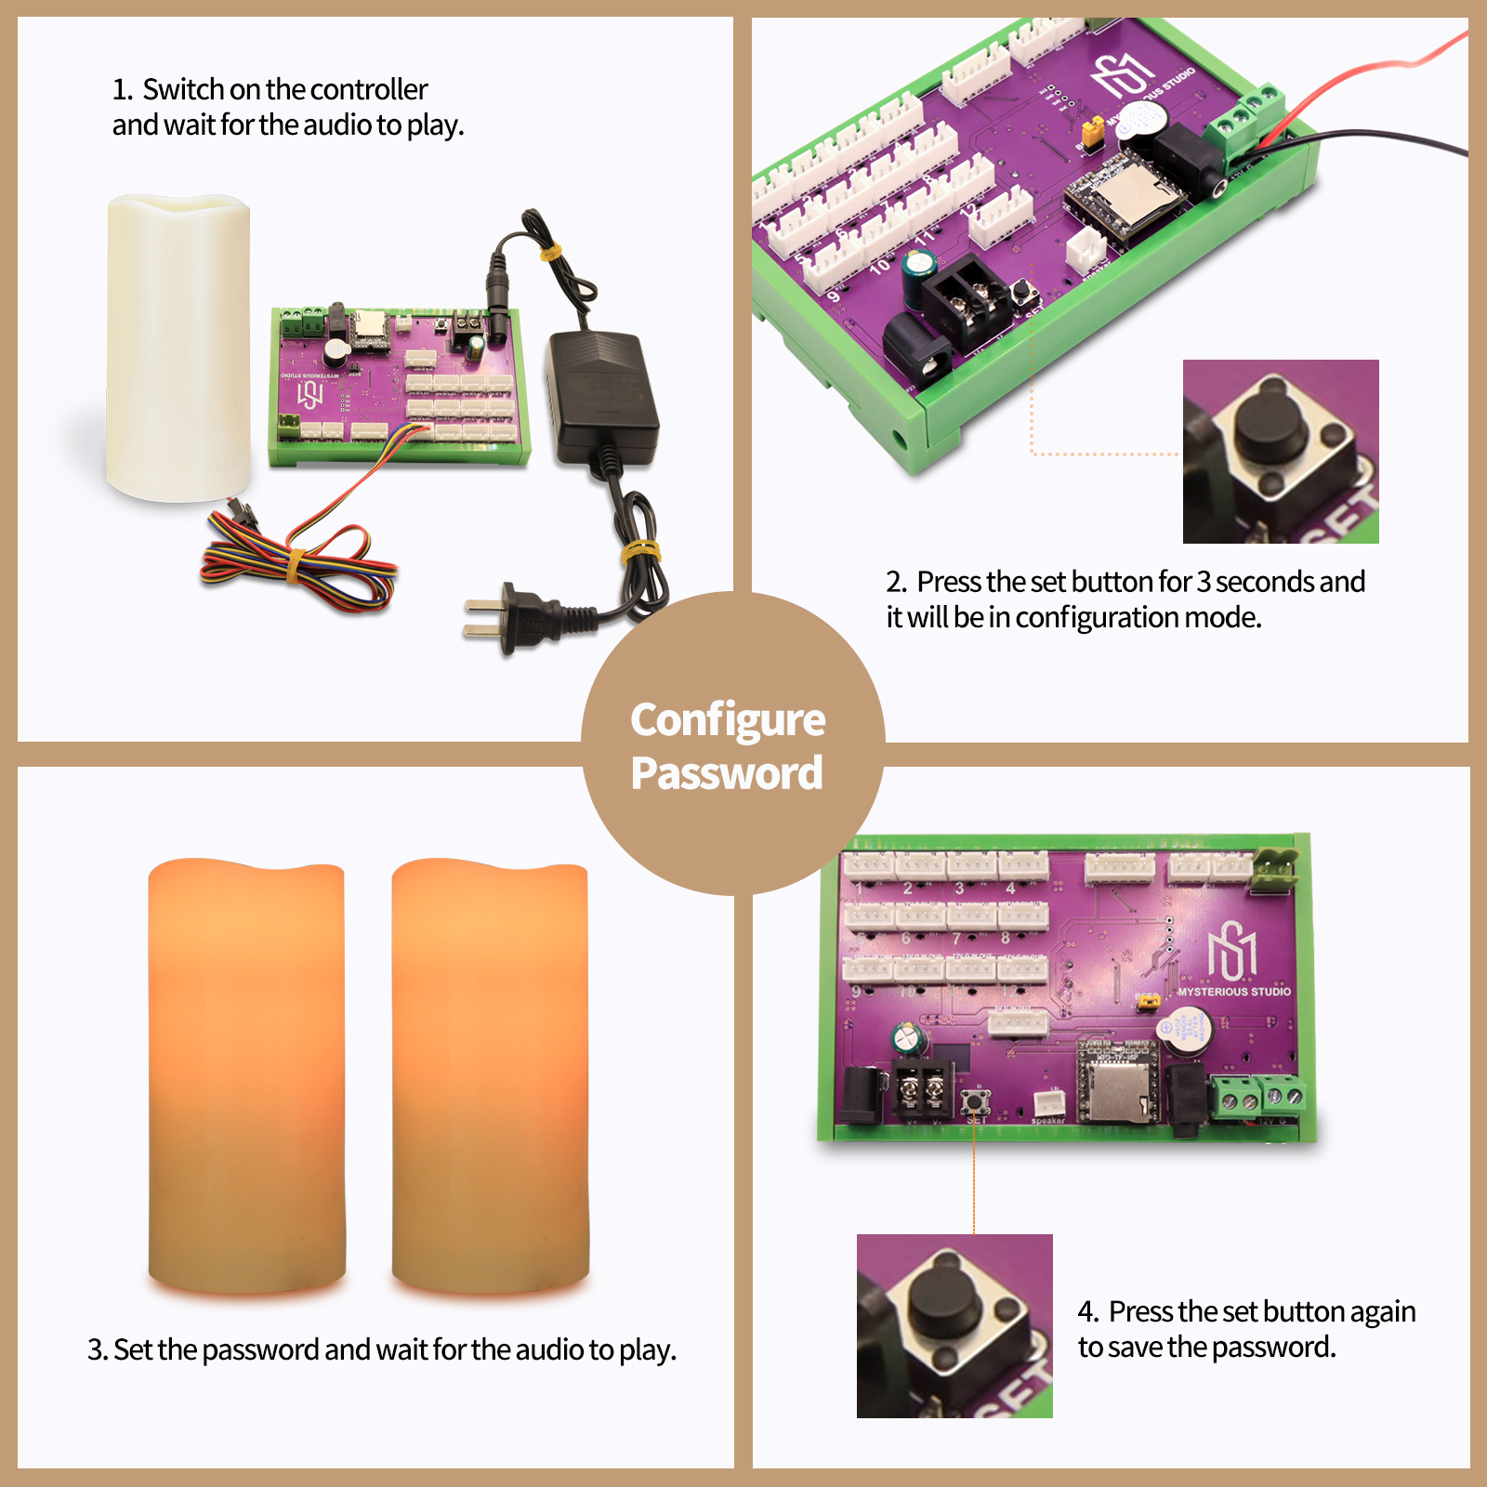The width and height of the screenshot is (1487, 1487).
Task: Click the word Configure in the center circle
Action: [727, 720]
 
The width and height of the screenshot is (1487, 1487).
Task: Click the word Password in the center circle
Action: [727, 773]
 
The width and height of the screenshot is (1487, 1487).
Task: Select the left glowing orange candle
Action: [246, 1073]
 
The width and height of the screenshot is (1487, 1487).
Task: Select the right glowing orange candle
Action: [490, 1073]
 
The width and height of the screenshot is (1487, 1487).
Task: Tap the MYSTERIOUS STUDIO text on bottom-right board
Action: [1233, 992]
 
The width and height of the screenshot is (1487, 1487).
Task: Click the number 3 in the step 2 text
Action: [1204, 582]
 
